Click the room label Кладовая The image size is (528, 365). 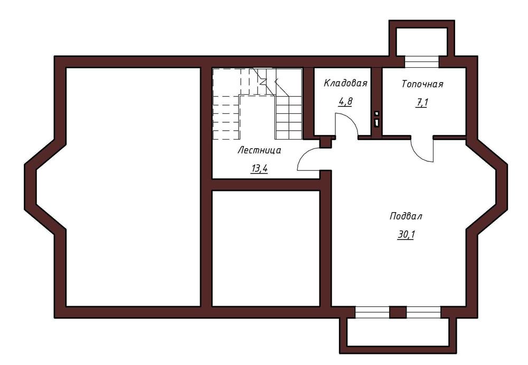[x=345, y=83]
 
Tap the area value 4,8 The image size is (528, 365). [x=345, y=102]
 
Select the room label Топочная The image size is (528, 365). [x=422, y=84]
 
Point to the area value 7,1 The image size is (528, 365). [x=421, y=103]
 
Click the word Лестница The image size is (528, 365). [x=259, y=150]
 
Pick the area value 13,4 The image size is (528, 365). [x=259, y=168]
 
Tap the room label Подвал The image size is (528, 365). [x=406, y=216]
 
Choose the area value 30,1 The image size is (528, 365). [x=406, y=234]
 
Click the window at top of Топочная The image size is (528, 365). [x=422, y=62]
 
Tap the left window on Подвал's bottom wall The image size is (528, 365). [x=372, y=312]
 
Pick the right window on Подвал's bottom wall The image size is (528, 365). [x=423, y=312]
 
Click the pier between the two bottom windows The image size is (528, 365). [x=398, y=312]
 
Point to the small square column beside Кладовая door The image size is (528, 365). [x=326, y=142]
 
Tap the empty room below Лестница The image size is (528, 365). [x=266, y=248]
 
